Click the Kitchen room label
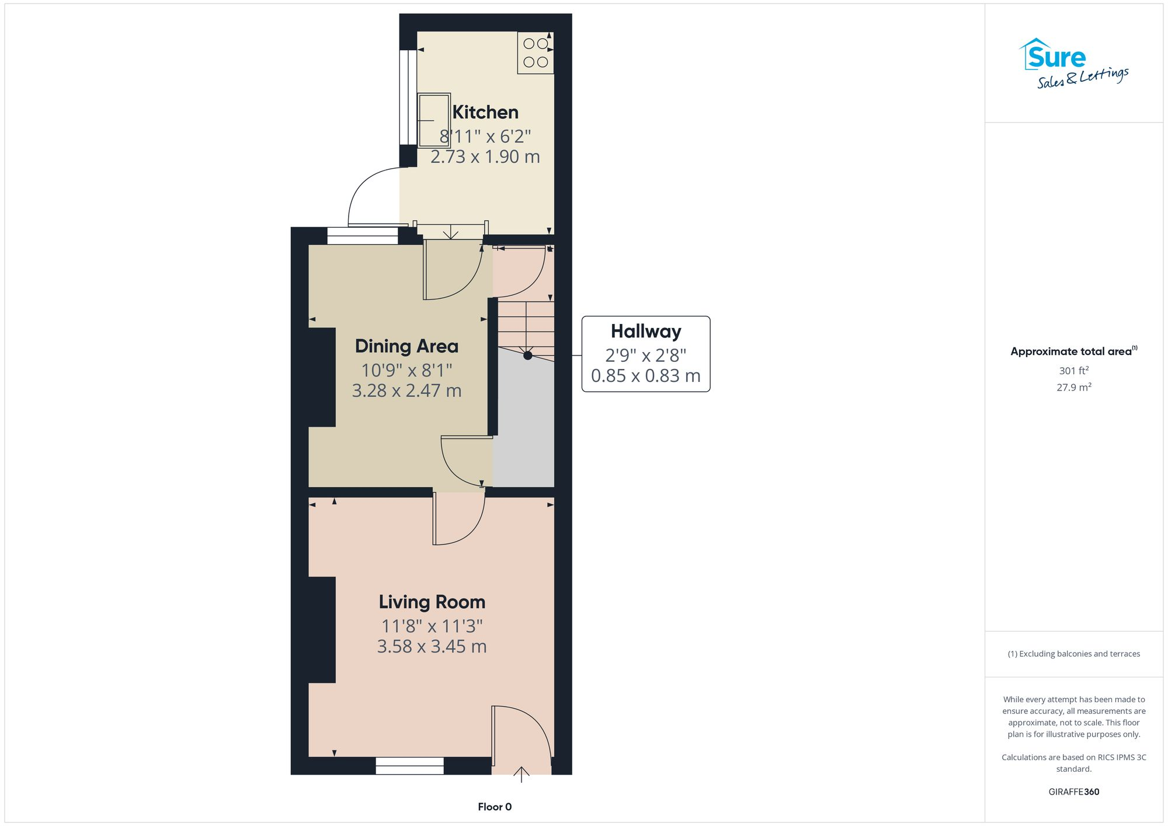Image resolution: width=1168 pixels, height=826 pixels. (485, 112)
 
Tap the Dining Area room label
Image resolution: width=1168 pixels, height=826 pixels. (406, 346)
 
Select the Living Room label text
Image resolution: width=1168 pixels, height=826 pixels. (432, 602)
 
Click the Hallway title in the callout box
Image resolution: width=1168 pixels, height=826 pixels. (646, 332)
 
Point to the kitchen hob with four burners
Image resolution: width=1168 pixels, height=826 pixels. (536, 53)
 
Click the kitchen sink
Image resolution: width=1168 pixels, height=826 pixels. (433, 120)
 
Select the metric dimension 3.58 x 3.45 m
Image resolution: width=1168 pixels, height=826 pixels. (432, 646)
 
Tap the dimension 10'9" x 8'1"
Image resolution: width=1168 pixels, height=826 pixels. (406, 370)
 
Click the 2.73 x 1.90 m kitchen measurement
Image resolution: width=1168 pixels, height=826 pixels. (485, 156)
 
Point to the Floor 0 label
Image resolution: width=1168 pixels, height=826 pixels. (495, 807)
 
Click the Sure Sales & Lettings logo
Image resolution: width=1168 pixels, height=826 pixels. (1073, 63)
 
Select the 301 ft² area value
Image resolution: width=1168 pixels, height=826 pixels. (1073, 371)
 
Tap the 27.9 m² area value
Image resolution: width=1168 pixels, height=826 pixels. (1073, 387)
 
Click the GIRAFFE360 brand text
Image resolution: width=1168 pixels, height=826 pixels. (1073, 792)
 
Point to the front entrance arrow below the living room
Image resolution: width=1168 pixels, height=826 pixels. (521, 773)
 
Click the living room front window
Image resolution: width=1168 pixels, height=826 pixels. (409, 766)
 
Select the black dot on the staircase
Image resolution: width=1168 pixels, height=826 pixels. (528, 355)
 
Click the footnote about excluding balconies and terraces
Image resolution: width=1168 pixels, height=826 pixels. (1073, 654)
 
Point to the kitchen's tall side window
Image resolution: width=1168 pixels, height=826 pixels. (408, 97)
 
